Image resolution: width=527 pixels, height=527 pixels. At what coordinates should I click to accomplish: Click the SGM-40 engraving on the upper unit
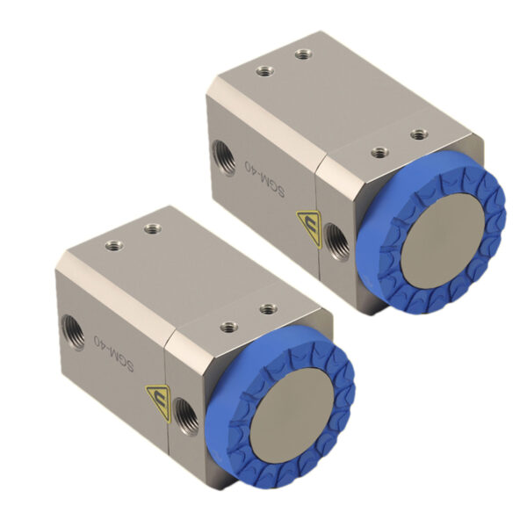(x=265, y=179)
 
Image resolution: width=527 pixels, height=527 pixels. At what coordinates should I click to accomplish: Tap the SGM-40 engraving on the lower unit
(x=114, y=354)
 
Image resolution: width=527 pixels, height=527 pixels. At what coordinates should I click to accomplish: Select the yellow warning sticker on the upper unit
(x=309, y=228)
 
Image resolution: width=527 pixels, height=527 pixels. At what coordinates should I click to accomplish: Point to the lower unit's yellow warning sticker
(x=158, y=402)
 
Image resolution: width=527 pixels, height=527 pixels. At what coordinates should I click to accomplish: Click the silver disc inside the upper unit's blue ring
(x=443, y=241)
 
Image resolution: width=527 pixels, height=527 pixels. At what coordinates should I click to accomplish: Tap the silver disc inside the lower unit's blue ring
(x=292, y=415)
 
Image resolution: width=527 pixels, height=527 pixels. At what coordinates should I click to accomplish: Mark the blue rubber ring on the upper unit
(x=431, y=233)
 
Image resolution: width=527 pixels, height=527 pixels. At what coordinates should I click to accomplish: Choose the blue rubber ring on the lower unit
(x=280, y=407)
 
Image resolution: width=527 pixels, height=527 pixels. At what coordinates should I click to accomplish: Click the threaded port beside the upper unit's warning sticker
(x=337, y=242)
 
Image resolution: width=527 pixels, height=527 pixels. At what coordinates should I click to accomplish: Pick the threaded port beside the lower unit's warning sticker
(x=186, y=416)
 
